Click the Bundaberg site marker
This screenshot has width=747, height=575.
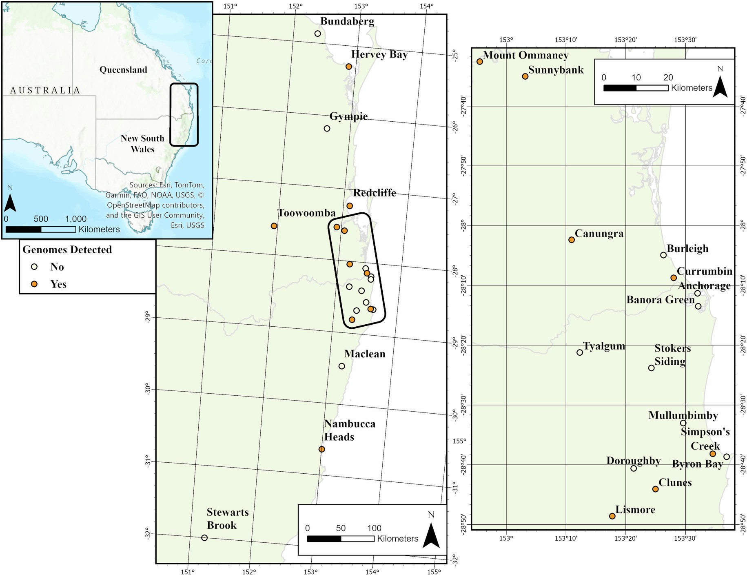(318, 33)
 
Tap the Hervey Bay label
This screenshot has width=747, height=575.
(379, 54)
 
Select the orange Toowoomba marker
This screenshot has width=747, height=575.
(274, 226)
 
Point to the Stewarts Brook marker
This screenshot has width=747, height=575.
(204, 538)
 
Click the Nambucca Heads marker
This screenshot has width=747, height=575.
(321, 449)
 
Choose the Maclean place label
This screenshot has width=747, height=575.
(365, 354)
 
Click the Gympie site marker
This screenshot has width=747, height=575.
(327, 128)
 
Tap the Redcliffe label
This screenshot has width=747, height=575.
(375, 193)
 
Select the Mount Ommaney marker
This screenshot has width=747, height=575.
(480, 62)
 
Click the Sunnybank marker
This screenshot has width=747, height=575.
(525, 76)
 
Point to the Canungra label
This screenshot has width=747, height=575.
(599, 234)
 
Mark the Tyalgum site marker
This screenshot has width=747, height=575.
(580, 352)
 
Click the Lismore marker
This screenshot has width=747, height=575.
(612, 516)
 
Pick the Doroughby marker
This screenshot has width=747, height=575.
(634, 468)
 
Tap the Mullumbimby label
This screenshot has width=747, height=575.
(683, 415)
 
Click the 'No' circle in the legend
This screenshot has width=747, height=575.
(35, 267)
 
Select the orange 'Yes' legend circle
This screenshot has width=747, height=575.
(35, 284)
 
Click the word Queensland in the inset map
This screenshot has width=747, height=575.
(123, 70)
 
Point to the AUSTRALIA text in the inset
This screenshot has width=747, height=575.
(45, 90)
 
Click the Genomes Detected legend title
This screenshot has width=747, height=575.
(67, 250)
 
